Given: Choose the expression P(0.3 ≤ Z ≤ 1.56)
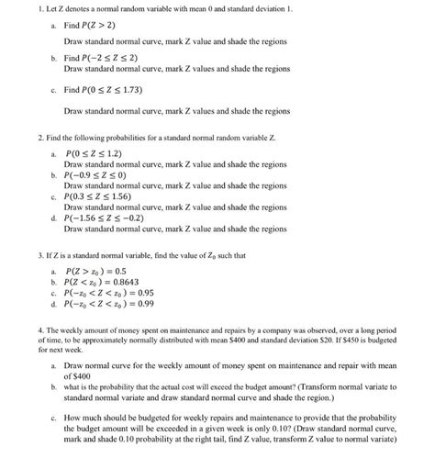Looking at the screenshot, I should pos(100,195).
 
